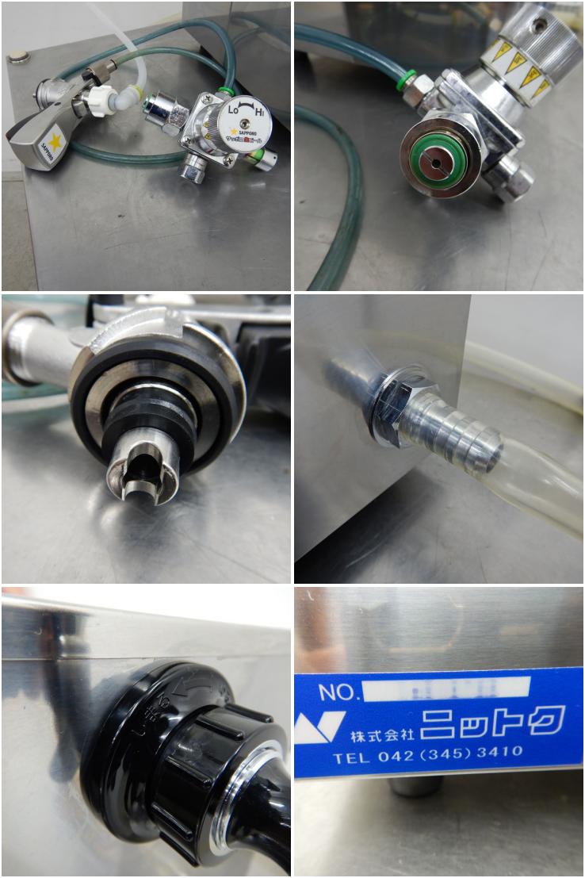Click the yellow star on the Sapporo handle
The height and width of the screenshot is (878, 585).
(55, 141)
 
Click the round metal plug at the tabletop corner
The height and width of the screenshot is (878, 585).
(17, 56)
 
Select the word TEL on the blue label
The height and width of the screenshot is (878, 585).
(351, 757)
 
